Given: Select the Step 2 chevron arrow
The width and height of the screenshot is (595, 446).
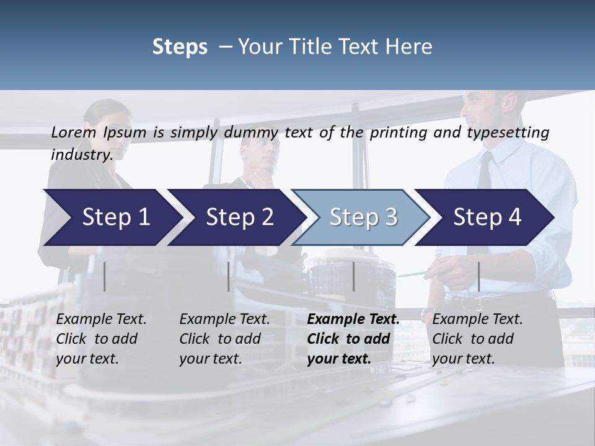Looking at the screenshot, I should [236, 217].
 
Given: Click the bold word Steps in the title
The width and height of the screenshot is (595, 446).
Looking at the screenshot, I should [180, 47].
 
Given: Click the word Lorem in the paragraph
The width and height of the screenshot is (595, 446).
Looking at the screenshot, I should [74, 133].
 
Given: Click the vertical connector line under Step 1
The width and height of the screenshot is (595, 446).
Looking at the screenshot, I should [104, 276].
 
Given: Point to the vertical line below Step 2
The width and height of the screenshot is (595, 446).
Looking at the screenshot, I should [229, 276].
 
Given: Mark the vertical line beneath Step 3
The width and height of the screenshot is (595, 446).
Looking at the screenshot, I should [353, 276].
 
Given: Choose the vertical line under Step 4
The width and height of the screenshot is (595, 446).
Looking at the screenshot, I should [478, 276].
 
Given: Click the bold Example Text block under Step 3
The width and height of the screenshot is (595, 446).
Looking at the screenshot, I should [352, 339].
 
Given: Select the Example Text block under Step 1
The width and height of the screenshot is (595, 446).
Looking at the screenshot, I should [100, 339].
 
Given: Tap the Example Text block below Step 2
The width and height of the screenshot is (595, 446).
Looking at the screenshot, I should [224, 339].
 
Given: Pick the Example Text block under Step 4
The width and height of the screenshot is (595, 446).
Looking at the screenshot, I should [477, 339].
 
